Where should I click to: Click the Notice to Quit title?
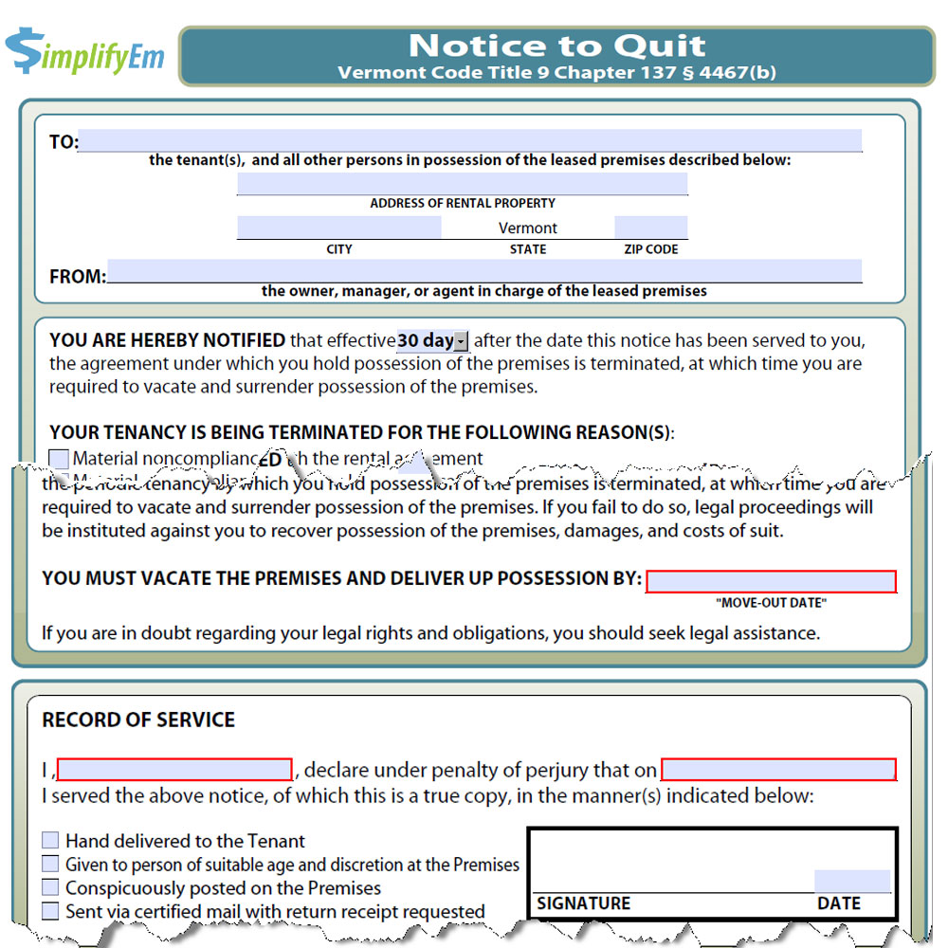[556, 46]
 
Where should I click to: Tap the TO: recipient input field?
[469, 141]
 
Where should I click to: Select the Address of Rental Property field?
[462, 184]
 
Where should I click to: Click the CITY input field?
[338, 228]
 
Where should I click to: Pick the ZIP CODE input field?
[650, 228]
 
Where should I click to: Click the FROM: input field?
[483, 271]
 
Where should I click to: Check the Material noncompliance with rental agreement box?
[59, 459]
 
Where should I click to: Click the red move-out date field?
[771, 581]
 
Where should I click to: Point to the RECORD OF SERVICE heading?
[138, 720]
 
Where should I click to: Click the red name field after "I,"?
[174, 770]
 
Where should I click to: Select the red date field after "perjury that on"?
[778, 770]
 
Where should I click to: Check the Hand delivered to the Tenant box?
[50, 841]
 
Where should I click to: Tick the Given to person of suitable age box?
[50, 865]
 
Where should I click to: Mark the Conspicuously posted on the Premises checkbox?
[50, 888]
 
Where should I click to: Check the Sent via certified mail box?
[50, 912]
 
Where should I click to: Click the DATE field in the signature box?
[852, 881]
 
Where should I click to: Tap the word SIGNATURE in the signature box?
[583, 903]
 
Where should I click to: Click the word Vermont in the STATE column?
[528, 228]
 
